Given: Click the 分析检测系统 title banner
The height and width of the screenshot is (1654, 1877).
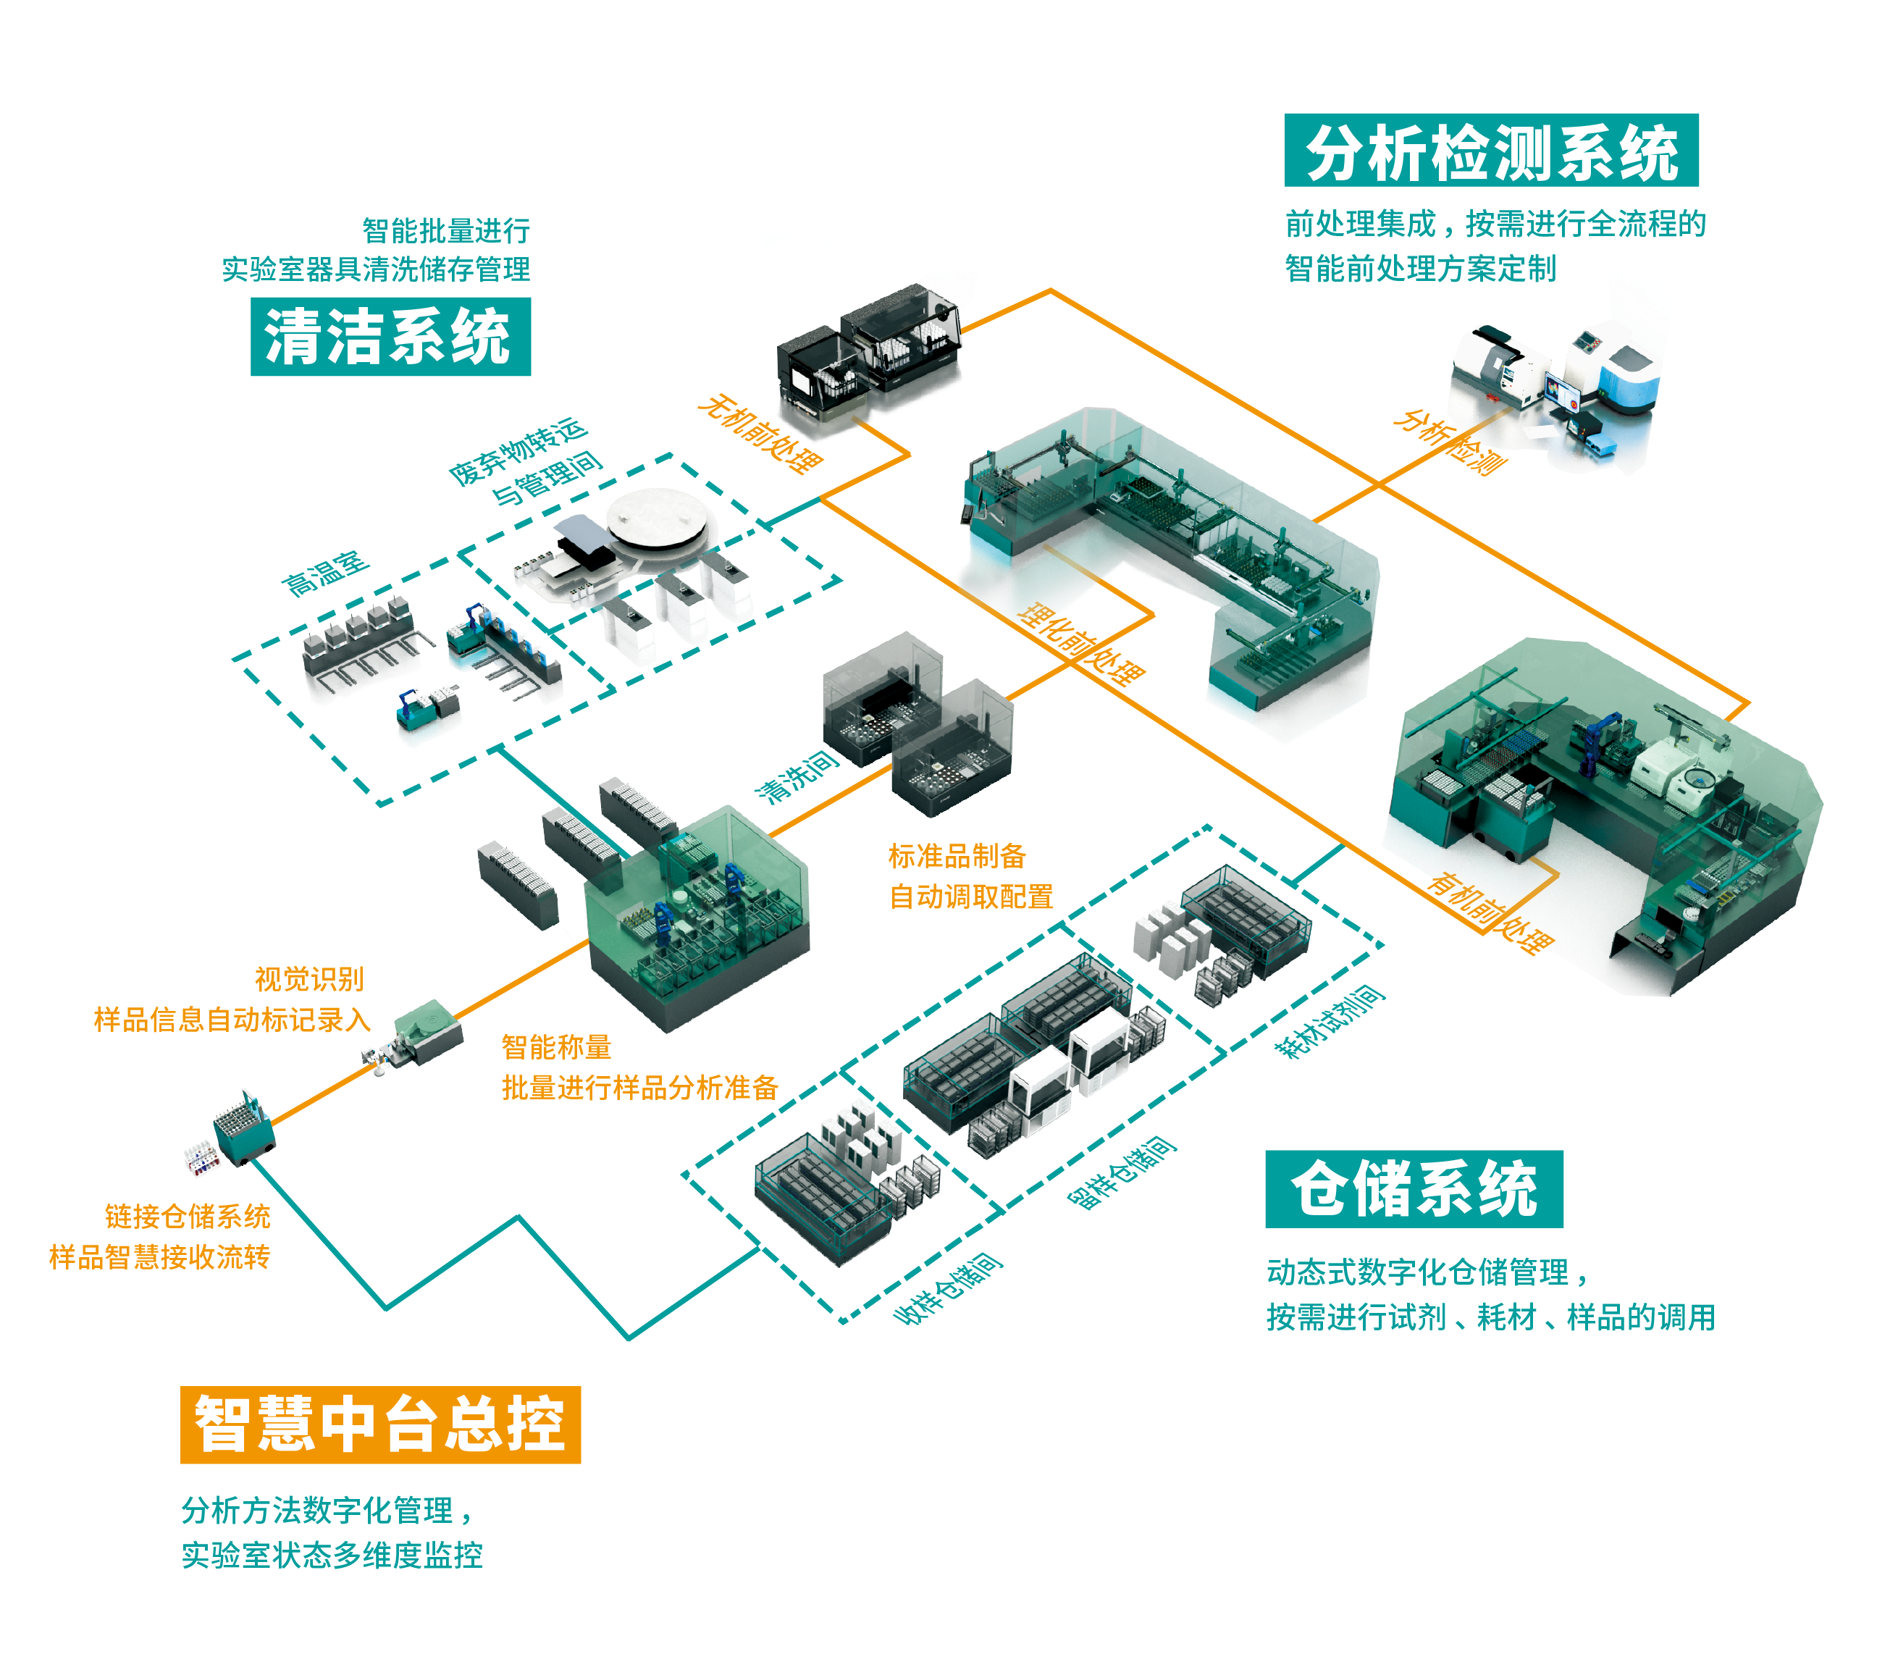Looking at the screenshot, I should (x=1490, y=151).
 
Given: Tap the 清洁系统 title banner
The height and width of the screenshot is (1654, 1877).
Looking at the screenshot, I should (x=390, y=336).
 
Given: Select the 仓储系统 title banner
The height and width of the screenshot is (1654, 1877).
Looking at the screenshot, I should (x=1414, y=1188).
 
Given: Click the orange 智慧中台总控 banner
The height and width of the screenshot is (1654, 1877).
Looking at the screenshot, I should (x=380, y=1424).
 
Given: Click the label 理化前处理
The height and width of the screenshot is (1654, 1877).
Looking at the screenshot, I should (x=1083, y=646).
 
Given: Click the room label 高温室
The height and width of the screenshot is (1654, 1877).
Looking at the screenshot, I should (x=325, y=574).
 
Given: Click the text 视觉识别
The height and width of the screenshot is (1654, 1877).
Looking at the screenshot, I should (x=308, y=979).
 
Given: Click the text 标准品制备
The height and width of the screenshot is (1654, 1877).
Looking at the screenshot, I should (x=956, y=856).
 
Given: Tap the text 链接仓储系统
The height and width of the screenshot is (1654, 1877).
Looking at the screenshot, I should (x=188, y=1216).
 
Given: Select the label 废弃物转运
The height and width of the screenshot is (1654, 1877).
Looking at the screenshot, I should (x=518, y=452).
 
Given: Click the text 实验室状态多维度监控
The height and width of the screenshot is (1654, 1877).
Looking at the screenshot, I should (x=332, y=1555).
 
